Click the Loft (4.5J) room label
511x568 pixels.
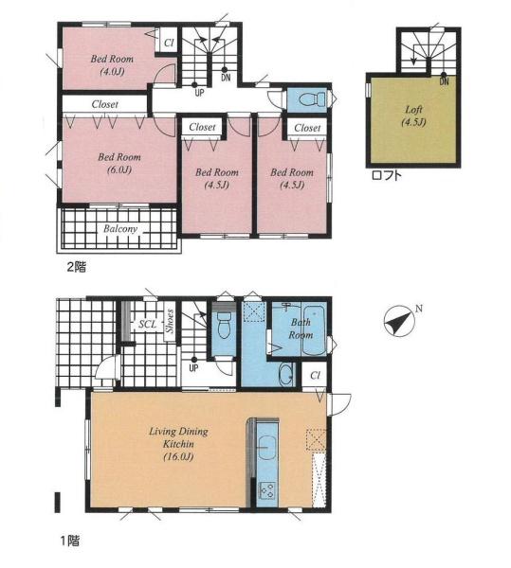coord(413,115)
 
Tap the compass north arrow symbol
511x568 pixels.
coord(400,320)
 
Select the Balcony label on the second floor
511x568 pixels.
coord(120,229)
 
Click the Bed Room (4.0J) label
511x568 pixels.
coord(112,64)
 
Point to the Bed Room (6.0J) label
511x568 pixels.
coord(119,163)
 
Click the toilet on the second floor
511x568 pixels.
coord(313,98)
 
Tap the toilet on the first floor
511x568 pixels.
coord(224,325)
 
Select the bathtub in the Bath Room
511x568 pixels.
coord(314,330)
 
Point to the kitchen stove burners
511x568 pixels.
coord(267,490)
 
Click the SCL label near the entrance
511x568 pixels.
coord(147,324)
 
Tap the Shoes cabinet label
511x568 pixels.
coord(170,321)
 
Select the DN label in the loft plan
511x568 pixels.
coord(445,81)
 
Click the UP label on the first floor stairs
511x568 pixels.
coord(193,368)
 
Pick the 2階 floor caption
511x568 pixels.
coord(76,267)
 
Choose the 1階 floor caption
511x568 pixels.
coord(69,541)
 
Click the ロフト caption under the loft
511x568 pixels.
coord(387,176)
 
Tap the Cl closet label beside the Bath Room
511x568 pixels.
coord(315,376)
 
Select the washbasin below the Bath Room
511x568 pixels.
coord(286,373)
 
